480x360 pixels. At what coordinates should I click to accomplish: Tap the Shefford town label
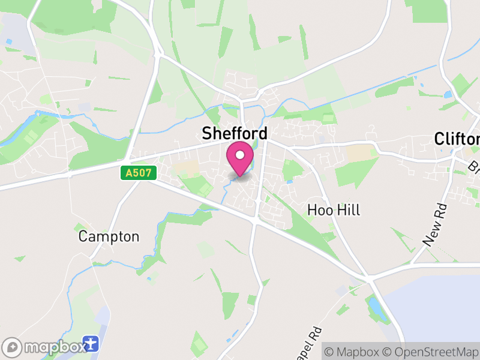[x=235, y=133]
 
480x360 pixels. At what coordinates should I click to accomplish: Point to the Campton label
[x=109, y=236]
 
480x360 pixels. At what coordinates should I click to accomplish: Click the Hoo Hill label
[x=334, y=210]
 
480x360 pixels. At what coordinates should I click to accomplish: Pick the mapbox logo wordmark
[x=53, y=347]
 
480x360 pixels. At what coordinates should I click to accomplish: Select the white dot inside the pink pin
[x=240, y=155]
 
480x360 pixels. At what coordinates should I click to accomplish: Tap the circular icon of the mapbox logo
[x=13, y=347]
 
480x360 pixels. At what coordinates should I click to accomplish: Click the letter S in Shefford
[x=208, y=133]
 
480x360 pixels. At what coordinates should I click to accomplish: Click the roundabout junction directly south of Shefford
[x=256, y=220]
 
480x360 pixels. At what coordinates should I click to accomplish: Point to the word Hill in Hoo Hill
[x=348, y=210]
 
